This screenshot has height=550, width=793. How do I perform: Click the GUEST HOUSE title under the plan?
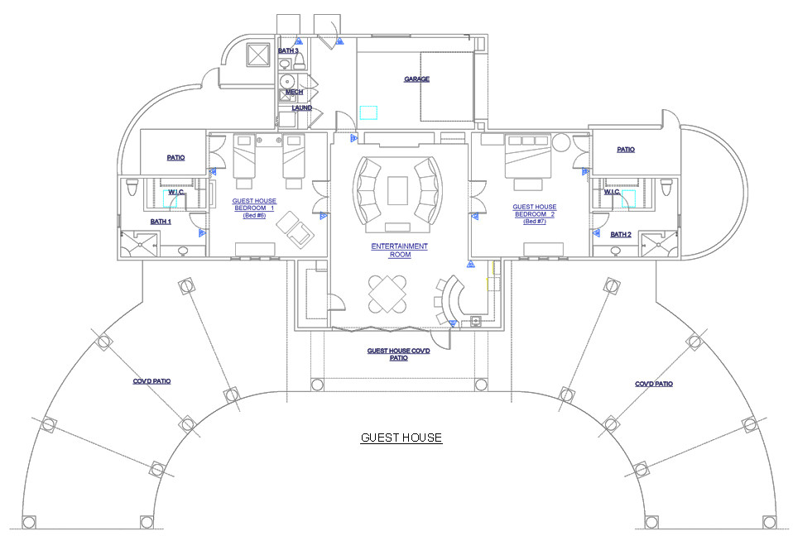coord(401,438)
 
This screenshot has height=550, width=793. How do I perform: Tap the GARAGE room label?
coord(416,79)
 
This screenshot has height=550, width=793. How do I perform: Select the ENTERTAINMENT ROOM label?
coord(400,251)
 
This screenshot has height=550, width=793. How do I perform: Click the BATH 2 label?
coord(620,234)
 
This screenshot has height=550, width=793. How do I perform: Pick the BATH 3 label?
coord(288,50)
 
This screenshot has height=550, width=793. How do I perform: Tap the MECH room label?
coord(294,92)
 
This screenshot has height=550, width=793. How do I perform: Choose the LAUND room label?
coord(301,108)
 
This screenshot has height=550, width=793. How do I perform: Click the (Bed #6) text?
coord(254,215)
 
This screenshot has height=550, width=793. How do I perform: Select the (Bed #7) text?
coord(534,221)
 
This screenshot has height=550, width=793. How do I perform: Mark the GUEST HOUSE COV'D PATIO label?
coord(399,354)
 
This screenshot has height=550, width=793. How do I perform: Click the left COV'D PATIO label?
coord(151,381)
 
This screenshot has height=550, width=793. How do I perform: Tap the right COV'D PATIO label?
coord(653,384)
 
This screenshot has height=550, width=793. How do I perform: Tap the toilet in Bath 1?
coord(132,189)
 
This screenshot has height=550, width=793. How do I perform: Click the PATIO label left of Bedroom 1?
coord(175,157)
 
